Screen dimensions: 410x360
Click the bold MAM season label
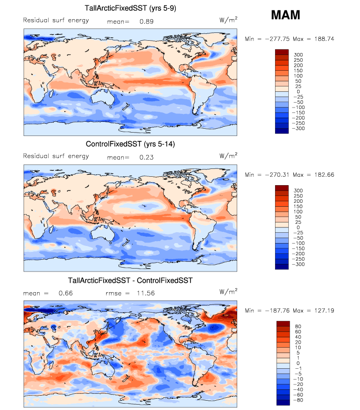[x=285, y=15]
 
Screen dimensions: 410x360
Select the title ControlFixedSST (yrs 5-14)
[x=130, y=144]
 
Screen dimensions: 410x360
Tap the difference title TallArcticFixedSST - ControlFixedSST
[x=130, y=280]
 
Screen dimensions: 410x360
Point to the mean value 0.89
[x=146, y=22]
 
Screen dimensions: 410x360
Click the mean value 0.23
[x=146, y=158]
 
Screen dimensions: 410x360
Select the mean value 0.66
[x=66, y=293]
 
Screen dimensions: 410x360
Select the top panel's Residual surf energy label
[x=56, y=20]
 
